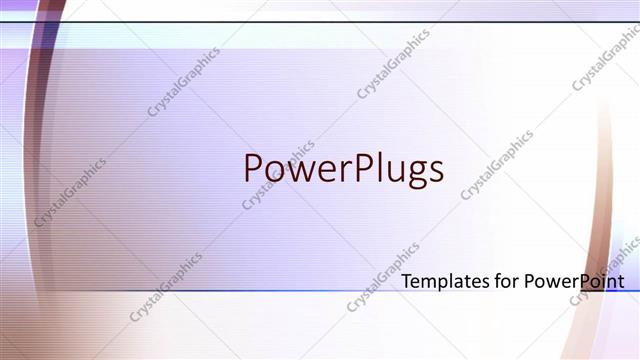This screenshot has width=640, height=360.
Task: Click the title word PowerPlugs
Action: (x=343, y=168)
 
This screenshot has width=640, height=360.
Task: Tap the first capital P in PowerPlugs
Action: (x=253, y=168)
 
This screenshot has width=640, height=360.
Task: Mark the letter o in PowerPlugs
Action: (x=272, y=171)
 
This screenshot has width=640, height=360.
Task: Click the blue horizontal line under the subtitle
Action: (x=300, y=292)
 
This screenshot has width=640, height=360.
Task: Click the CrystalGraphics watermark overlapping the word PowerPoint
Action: (x=604, y=270)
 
